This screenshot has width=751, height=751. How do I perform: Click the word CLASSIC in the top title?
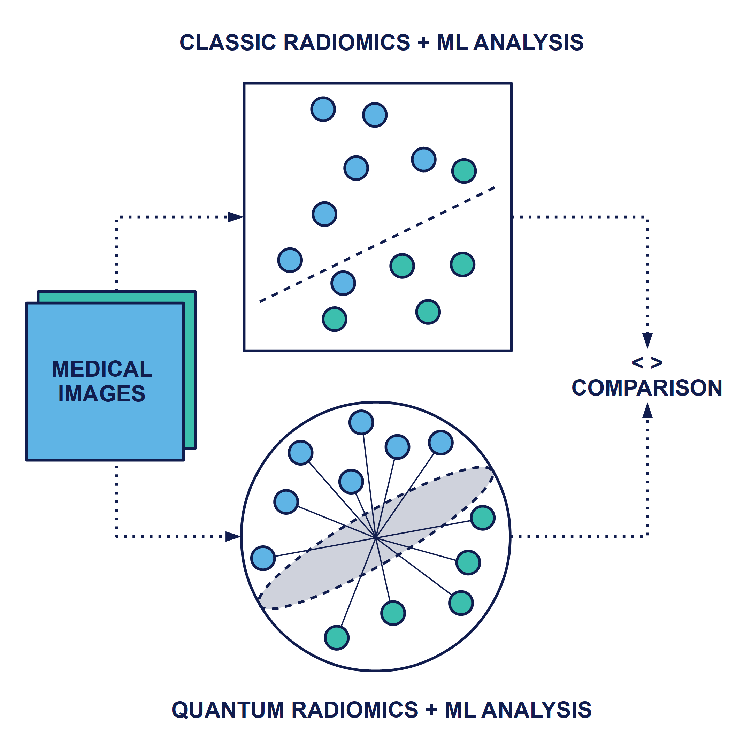[228, 43]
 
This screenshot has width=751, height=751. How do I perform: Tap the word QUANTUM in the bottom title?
[228, 710]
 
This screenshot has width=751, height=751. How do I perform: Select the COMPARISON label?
[646, 388]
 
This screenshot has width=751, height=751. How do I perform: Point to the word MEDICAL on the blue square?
[102, 369]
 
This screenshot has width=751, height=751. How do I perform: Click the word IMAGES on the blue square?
[102, 394]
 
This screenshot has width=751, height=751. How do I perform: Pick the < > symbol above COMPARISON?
[647, 363]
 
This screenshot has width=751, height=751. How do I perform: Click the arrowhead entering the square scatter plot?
[236, 217]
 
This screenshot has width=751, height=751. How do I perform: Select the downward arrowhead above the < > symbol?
[647, 340]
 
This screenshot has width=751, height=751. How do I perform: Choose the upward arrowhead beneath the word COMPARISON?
[647, 411]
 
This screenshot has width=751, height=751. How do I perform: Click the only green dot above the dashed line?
[464, 171]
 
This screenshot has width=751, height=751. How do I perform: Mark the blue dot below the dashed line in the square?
[343, 283]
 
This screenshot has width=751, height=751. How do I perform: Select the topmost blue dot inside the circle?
[361, 422]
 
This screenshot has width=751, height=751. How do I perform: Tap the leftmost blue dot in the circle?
[263, 558]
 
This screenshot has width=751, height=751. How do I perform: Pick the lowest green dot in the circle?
[337, 638]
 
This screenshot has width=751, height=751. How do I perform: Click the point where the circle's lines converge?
[376, 538]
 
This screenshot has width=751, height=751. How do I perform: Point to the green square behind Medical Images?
[190, 369]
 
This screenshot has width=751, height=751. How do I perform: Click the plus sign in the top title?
[423, 43]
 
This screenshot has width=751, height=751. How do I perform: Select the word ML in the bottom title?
[460, 710]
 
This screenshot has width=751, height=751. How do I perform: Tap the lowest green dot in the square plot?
[334, 319]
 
